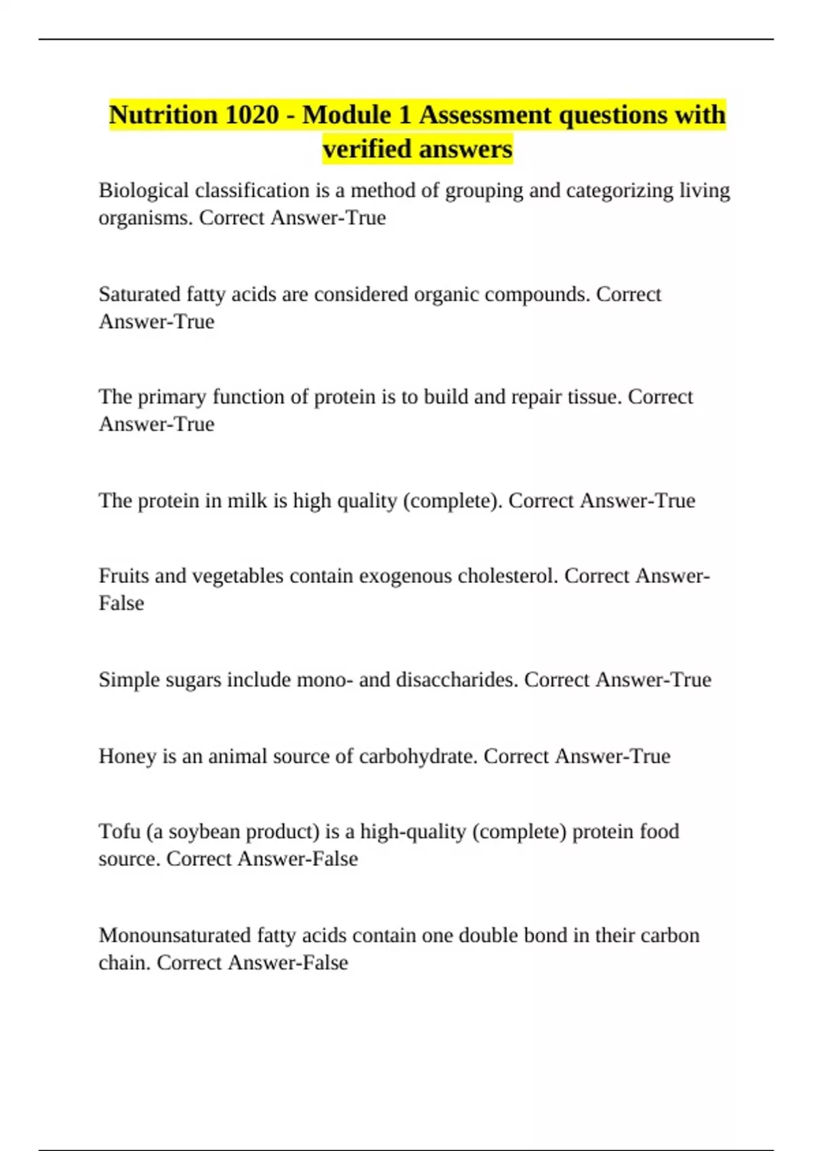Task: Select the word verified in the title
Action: pos(364,149)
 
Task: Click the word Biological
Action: pos(144,191)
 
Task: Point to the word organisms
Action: pos(146,218)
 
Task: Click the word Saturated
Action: pos(140,295)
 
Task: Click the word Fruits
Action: pos(123,576)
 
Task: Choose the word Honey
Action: pos(127,756)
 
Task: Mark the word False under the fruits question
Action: pos(121,603)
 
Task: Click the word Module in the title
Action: pos(357,115)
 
